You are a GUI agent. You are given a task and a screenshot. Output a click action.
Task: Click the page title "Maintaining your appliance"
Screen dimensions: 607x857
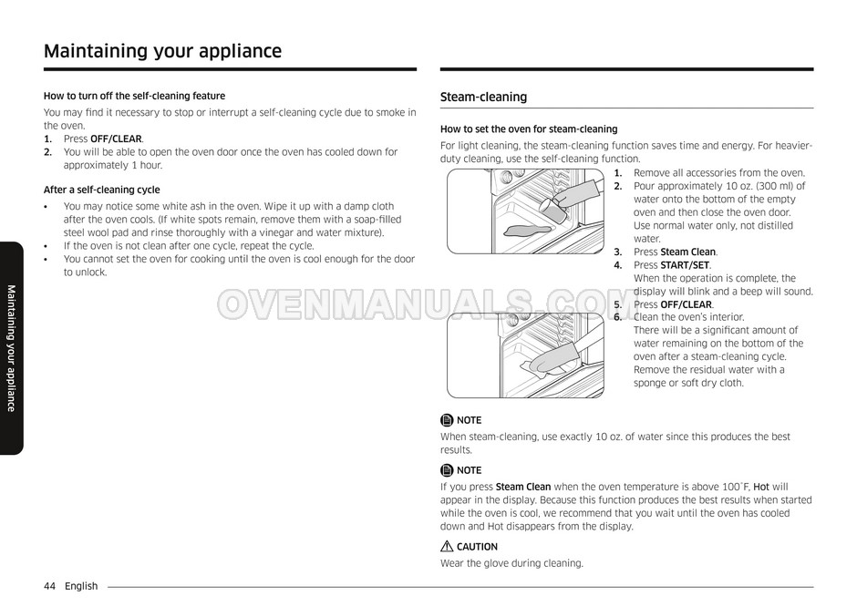162,51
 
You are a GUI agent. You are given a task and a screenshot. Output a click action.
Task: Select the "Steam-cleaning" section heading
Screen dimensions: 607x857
483,98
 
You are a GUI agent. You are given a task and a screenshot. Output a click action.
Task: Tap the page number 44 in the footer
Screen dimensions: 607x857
50,586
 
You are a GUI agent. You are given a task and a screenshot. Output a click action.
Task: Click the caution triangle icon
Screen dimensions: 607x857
447,547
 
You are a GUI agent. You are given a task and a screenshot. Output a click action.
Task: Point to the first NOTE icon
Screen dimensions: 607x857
447,420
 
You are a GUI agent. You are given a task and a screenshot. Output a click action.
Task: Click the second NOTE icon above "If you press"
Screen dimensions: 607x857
447,470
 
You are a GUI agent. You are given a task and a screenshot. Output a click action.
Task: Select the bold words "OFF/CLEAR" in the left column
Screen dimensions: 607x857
116,139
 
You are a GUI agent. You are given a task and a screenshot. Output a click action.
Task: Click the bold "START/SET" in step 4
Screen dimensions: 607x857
685,265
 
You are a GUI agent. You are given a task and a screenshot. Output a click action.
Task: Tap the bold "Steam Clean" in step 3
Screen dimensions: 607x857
688,252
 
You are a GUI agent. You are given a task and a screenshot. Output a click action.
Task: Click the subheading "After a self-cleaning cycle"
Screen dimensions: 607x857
101,190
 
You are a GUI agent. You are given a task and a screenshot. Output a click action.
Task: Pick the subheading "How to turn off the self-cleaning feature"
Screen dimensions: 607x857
134,96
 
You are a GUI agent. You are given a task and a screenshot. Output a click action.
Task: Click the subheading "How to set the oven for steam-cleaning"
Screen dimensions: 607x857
529,129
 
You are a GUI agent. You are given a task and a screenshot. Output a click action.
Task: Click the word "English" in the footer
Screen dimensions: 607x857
81,586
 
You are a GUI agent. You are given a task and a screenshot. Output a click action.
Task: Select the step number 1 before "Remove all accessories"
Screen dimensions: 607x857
617,173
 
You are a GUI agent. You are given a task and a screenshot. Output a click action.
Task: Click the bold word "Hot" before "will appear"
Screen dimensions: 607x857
761,487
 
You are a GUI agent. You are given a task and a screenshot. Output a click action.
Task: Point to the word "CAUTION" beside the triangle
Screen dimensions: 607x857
477,547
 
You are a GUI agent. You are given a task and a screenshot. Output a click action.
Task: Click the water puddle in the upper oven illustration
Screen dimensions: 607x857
506,230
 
